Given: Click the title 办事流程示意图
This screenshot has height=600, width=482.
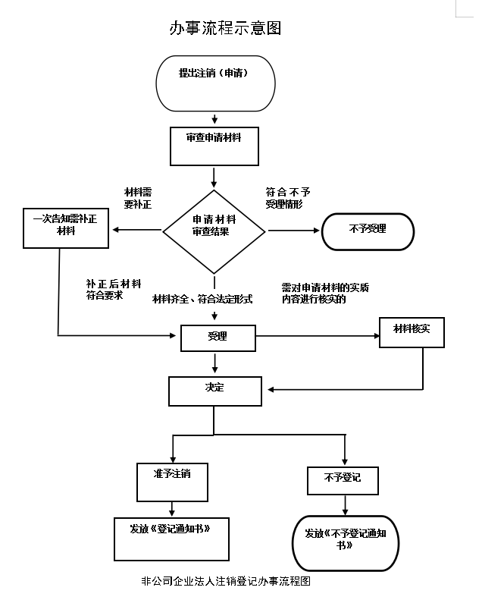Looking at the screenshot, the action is (225, 28).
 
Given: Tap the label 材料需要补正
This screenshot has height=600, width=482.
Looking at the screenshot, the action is (138, 198).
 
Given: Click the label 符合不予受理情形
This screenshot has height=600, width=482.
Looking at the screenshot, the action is (288, 198).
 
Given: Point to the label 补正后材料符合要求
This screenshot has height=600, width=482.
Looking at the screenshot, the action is (114, 289).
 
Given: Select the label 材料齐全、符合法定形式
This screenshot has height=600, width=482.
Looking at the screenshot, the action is (202, 299).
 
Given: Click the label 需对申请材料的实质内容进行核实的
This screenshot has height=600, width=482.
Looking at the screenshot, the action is (325, 293).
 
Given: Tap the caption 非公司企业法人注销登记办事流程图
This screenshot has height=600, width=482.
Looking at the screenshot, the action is (226, 581).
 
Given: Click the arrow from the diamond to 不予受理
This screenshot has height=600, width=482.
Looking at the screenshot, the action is (293, 231).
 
